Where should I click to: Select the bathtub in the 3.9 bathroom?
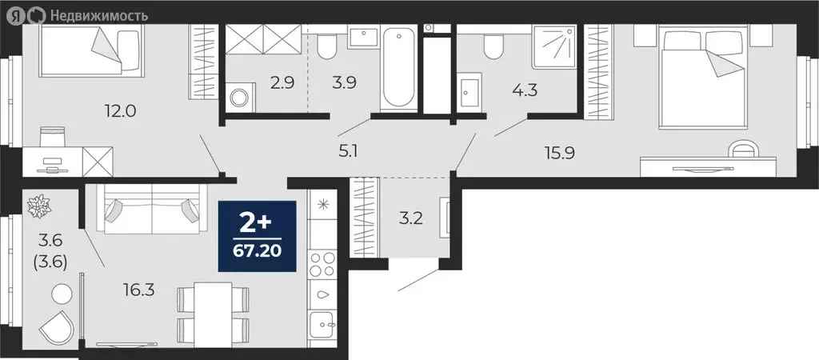pos(398,70)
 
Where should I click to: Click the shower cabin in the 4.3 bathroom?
pos(555,49)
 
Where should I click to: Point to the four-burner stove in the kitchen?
pos(323,263)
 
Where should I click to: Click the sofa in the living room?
pos(152,210)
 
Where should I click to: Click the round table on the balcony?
pos(61,293)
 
